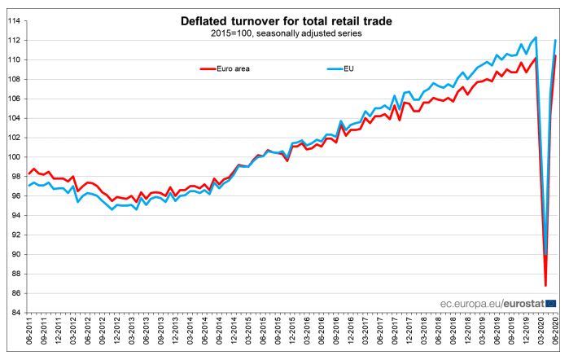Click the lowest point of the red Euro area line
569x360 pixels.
(545, 286)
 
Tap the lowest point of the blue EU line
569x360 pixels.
(545, 259)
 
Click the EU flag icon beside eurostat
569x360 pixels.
(552, 303)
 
